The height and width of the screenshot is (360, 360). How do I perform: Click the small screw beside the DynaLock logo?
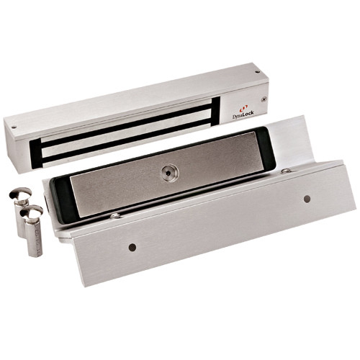click(x=264, y=99)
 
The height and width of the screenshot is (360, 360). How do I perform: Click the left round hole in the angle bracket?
click(x=132, y=247)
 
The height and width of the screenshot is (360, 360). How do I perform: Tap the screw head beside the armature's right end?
click(x=287, y=171)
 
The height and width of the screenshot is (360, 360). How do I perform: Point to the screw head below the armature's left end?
click(x=114, y=215)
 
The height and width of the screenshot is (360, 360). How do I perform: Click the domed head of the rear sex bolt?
click(x=19, y=194)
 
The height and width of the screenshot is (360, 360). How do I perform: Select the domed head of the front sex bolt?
click(x=32, y=214)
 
